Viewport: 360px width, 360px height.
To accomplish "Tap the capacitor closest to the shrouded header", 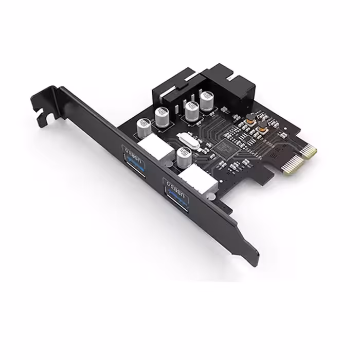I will (207, 101).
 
